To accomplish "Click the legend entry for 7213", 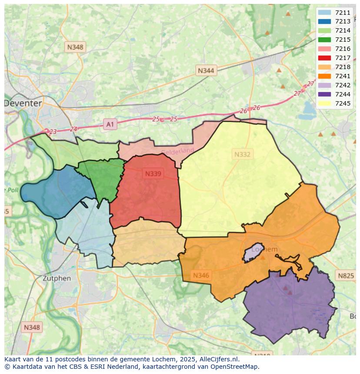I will click(x=334, y=21).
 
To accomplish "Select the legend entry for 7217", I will click(x=334, y=58).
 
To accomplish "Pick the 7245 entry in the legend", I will click(x=334, y=103).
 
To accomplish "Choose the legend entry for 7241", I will click(x=334, y=76).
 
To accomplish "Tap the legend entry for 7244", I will click(x=334, y=94).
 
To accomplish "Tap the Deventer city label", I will click(x=23, y=103).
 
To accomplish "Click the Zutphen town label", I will click(x=57, y=278).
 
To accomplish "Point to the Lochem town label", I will click(x=264, y=249).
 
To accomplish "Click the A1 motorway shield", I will click(x=110, y=125).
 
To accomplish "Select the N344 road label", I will click(x=206, y=70).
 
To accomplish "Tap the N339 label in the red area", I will click(x=153, y=174).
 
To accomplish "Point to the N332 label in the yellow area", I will click(x=242, y=154).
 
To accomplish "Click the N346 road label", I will click(x=201, y=275).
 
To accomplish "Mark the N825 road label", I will click(x=346, y=275).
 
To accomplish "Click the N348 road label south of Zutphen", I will click(x=32, y=328).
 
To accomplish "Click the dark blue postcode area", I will click(x=54, y=191).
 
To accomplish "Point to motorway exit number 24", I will click(x=73, y=129).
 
